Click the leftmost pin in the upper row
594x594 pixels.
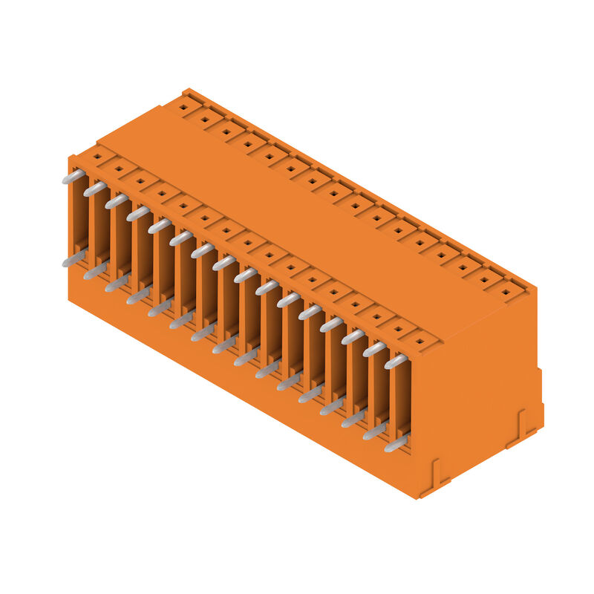tap(73, 177)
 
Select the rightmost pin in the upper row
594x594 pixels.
tap(396, 362)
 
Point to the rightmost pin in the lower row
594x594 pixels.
tap(396, 444)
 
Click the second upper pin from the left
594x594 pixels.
tap(94, 189)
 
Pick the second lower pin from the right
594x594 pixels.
tap(375, 431)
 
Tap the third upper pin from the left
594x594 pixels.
tap(116, 201)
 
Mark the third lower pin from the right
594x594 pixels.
tap(353, 420)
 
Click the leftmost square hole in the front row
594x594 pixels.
tap(97, 157)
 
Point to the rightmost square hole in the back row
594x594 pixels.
tap(506, 293)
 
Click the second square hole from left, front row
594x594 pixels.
tap(118, 169)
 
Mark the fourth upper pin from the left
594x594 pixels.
tap(137, 214)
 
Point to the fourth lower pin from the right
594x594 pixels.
tap(332, 407)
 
